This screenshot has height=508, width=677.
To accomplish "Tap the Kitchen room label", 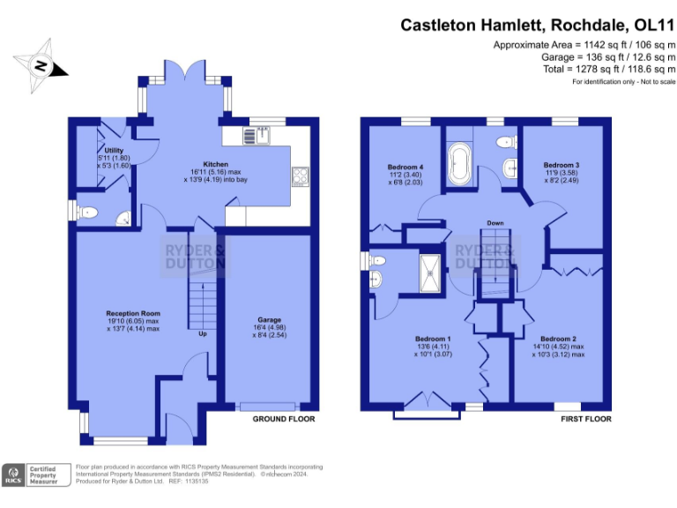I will tap(216, 164).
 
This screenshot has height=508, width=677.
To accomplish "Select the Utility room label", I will tap(114, 151).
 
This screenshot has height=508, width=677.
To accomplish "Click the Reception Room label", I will tap(133, 313).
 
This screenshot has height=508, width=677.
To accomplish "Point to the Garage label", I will tap(269, 319).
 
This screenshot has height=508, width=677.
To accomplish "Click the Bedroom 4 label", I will tap(405, 167).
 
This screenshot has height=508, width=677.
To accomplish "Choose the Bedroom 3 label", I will tap(561, 165).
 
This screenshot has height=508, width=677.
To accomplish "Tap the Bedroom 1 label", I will tap(434, 339).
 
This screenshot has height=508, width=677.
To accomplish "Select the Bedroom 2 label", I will tap(559, 340).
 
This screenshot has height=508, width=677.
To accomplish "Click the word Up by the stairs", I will tap(203, 334).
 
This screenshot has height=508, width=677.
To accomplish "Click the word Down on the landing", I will tap(496, 223).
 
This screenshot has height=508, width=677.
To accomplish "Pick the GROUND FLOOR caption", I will tap(283, 419).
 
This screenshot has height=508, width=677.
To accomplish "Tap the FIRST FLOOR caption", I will tap(585, 419).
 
